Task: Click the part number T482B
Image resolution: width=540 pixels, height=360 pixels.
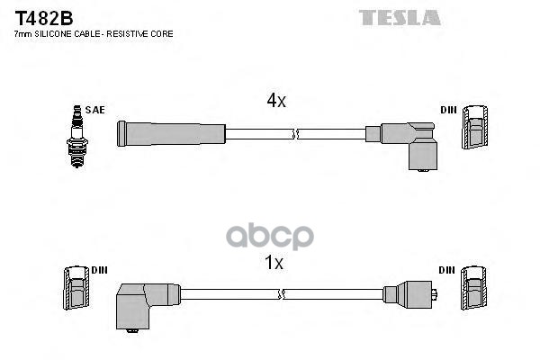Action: [31, 17]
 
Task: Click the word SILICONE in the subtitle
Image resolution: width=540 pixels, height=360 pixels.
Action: [54, 33]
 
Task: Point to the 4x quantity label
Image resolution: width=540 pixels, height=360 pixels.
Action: [275, 102]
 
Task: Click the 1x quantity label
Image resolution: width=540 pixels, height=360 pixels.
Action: [275, 264]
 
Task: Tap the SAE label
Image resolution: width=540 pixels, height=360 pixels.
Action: [96, 110]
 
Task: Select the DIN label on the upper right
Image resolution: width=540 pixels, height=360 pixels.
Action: [448, 110]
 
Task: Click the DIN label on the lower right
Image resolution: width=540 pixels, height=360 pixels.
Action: [448, 271]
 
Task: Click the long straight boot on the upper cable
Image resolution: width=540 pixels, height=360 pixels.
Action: [171, 133]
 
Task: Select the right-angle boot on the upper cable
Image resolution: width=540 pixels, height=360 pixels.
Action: [413, 144]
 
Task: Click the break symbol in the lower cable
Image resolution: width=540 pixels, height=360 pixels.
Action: [282, 294]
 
